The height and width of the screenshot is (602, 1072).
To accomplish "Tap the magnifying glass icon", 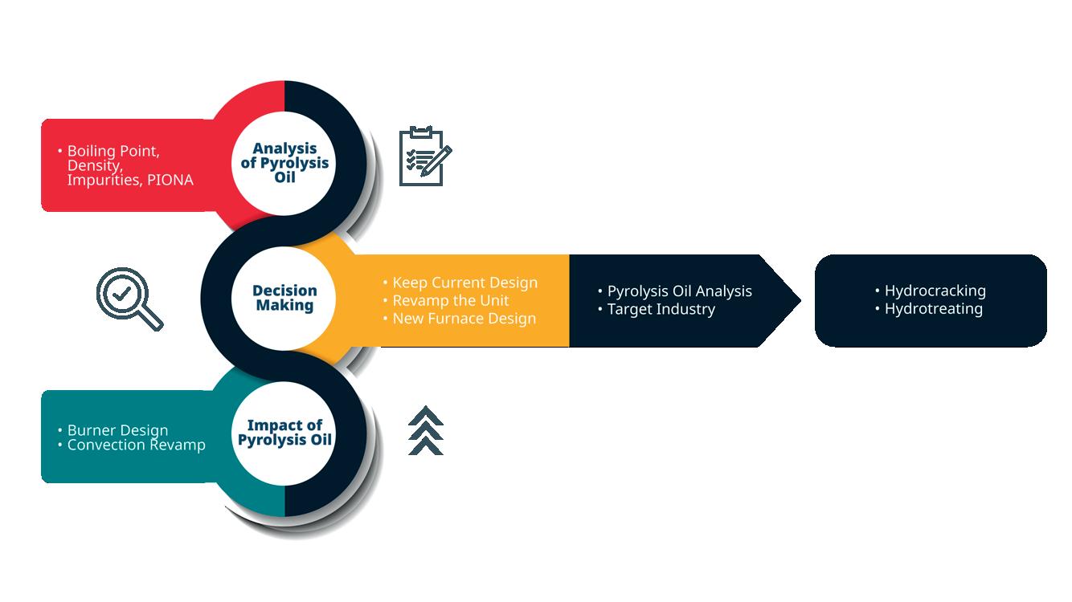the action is click(129, 299).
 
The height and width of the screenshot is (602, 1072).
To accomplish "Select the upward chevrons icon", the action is click(426, 430).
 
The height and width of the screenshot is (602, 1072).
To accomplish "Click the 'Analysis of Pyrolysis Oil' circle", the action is click(284, 163).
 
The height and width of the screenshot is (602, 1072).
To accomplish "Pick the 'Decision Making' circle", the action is click(284, 298).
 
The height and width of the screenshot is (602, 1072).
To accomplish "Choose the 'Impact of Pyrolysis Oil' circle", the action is click(284, 433).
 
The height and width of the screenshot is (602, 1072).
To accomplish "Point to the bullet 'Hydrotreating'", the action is click(933, 308).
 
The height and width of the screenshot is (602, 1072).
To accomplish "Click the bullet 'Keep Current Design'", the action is click(464, 283).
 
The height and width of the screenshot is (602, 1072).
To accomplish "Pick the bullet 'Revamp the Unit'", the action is click(450, 300).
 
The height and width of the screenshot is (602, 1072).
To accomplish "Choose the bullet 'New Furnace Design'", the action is click(464, 319).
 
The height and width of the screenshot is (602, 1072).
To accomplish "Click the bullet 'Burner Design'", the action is click(117, 430).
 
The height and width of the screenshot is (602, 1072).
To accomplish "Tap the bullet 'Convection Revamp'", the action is click(136, 445).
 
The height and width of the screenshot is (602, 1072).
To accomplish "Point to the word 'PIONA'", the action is click(170, 180).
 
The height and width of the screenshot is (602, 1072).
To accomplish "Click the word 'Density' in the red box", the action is click(93, 165).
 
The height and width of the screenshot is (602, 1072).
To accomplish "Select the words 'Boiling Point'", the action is click(113, 151).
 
